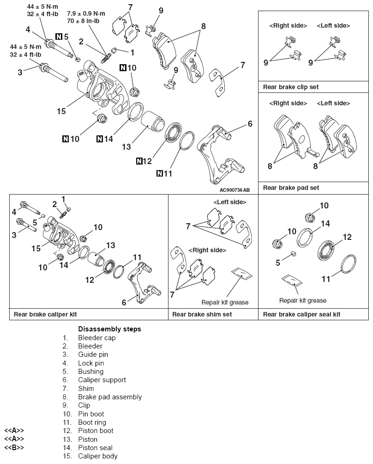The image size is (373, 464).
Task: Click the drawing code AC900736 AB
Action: click(235, 190)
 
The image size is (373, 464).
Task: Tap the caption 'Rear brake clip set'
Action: click(290, 86)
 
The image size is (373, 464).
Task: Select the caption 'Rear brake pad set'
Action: click(290, 188)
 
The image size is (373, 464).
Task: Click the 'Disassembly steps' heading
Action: click(109, 329)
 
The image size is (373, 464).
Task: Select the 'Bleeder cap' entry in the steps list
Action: click(96, 337)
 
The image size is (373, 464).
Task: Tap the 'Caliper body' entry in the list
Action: click(97, 456)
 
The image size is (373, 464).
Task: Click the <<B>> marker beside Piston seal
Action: click(14, 447)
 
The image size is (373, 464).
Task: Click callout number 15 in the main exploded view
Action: click(61, 111)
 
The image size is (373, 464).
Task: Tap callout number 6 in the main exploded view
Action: click(250, 123)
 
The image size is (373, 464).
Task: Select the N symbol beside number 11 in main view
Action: click(160, 174)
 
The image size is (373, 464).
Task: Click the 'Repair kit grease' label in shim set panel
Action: click(225, 302)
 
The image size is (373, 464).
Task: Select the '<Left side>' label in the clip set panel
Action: click(333, 26)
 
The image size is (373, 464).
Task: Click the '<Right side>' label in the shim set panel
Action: click(210, 250)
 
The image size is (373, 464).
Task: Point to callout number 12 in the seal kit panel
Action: click(348, 237)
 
